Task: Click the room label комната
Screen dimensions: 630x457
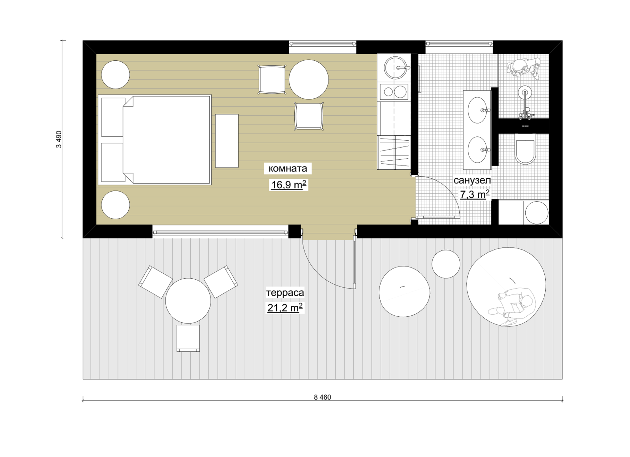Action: (288, 169)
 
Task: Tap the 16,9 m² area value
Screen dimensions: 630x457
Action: (288, 185)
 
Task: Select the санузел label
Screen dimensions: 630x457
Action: (472, 180)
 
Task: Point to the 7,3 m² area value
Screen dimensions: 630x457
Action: (474, 194)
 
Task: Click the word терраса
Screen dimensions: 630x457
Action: (285, 292)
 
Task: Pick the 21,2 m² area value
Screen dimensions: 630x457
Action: (285, 308)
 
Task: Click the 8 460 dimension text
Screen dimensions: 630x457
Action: (323, 397)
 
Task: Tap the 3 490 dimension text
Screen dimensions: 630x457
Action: (59, 139)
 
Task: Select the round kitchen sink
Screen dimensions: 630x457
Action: (395, 68)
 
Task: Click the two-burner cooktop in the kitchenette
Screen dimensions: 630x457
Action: (394, 92)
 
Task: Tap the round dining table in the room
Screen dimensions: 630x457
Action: (308, 79)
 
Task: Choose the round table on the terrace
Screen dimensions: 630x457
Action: (188, 301)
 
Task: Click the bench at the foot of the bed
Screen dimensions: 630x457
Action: (227, 141)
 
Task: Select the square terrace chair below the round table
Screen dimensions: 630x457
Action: (188, 338)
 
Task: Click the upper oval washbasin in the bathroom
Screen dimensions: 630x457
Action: (477, 110)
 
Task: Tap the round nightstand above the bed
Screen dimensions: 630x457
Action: (115, 75)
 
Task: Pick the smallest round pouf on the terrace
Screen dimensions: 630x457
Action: (446, 264)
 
